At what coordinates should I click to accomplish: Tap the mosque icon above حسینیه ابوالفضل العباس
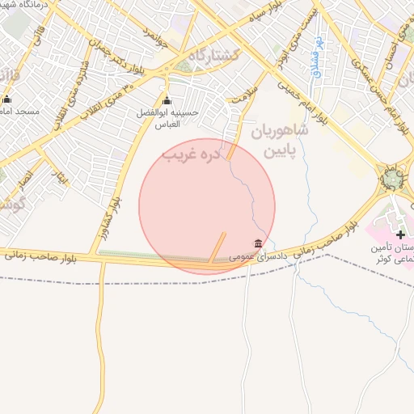[167, 101]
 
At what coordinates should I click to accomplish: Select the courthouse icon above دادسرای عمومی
[258, 243]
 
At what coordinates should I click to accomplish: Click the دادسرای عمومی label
[254, 256]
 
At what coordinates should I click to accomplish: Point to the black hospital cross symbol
[400, 234]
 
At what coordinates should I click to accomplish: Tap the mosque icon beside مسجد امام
[7, 99]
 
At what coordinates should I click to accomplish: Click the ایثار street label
[61, 175]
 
